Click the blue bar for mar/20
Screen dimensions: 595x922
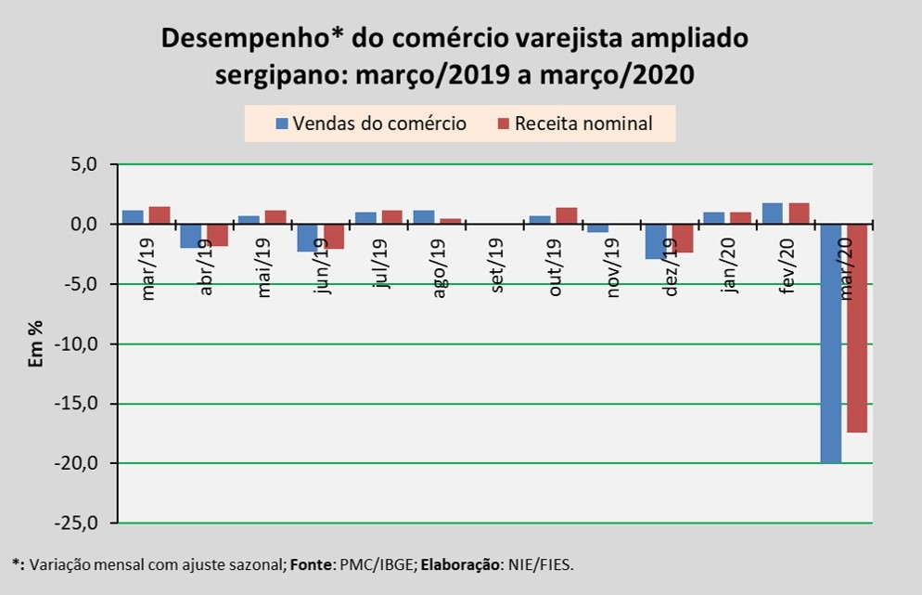[x=830, y=343]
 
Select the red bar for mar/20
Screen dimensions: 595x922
[x=857, y=329]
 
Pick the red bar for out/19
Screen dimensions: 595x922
[x=566, y=216]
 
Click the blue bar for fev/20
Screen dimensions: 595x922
[x=772, y=213]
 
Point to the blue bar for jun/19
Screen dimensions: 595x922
[x=308, y=238]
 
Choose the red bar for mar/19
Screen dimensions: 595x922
[x=160, y=215]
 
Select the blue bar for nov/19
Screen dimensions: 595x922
[x=598, y=227]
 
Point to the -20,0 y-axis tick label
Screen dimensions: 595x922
[x=80, y=464]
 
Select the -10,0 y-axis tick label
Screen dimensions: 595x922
[x=80, y=344]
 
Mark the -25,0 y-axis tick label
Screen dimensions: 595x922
[x=80, y=524]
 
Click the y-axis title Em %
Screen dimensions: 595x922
[x=36, y=343]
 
